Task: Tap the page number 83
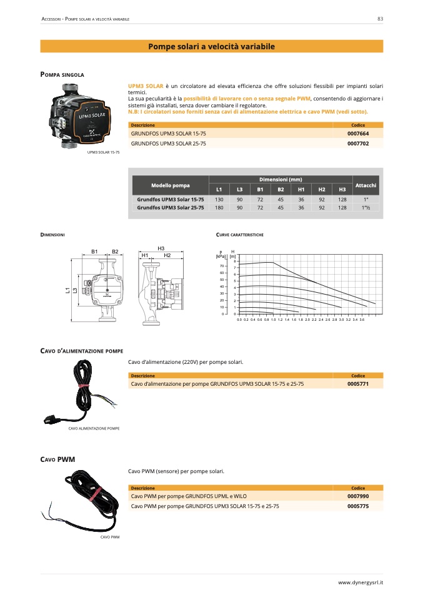click(x=380, y=19)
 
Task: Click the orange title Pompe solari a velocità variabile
click(x=211, y=47)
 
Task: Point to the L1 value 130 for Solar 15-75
click(x=219, y=199)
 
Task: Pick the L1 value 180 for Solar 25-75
click(x=219, y=207)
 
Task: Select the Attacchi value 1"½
click(x=366, y=207)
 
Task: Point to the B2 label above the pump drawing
click(x=115, y=251)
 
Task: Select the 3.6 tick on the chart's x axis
click(x=362, y=319)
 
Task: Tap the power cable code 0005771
click(x=358, y=384)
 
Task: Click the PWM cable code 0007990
click(x=358, y=497)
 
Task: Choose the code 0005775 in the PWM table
click(x=358, y=506)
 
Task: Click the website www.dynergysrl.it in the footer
click(x=360, y=582)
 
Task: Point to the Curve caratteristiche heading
click(x=239, y=235)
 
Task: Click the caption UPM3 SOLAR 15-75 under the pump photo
click(x=103, y=152)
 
